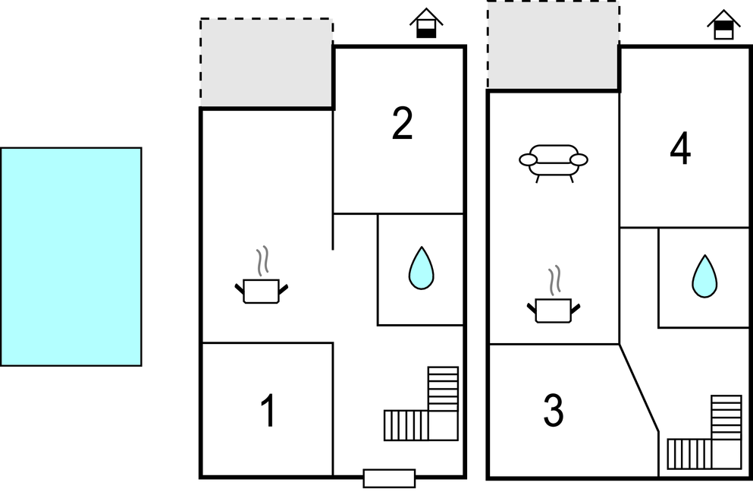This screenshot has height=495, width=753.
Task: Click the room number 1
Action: pos(268,410)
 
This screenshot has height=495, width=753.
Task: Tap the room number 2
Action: pos(403,124)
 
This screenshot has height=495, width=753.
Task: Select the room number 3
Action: pos(554,410)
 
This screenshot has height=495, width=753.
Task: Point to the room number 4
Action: pos(680,149)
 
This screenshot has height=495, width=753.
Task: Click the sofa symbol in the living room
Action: pos(554,163)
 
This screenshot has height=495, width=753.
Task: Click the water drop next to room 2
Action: pos(421,268)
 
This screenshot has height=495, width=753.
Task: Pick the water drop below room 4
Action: pos(704,276)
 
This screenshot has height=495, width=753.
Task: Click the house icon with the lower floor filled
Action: pos(426,23)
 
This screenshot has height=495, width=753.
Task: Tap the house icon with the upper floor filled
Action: pos(723,24)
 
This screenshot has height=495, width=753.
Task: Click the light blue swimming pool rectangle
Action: pos(71,257)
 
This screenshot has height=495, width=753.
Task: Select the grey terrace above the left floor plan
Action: pos(266,63)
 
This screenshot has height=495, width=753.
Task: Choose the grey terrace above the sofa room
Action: pos(554,45)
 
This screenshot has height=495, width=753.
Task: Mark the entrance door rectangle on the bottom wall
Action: pos(389,478)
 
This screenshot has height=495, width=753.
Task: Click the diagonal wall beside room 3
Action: pos(638,387)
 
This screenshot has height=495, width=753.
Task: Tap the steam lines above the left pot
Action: pos(262,261)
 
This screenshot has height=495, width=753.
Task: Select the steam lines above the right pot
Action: pos(554,280)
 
